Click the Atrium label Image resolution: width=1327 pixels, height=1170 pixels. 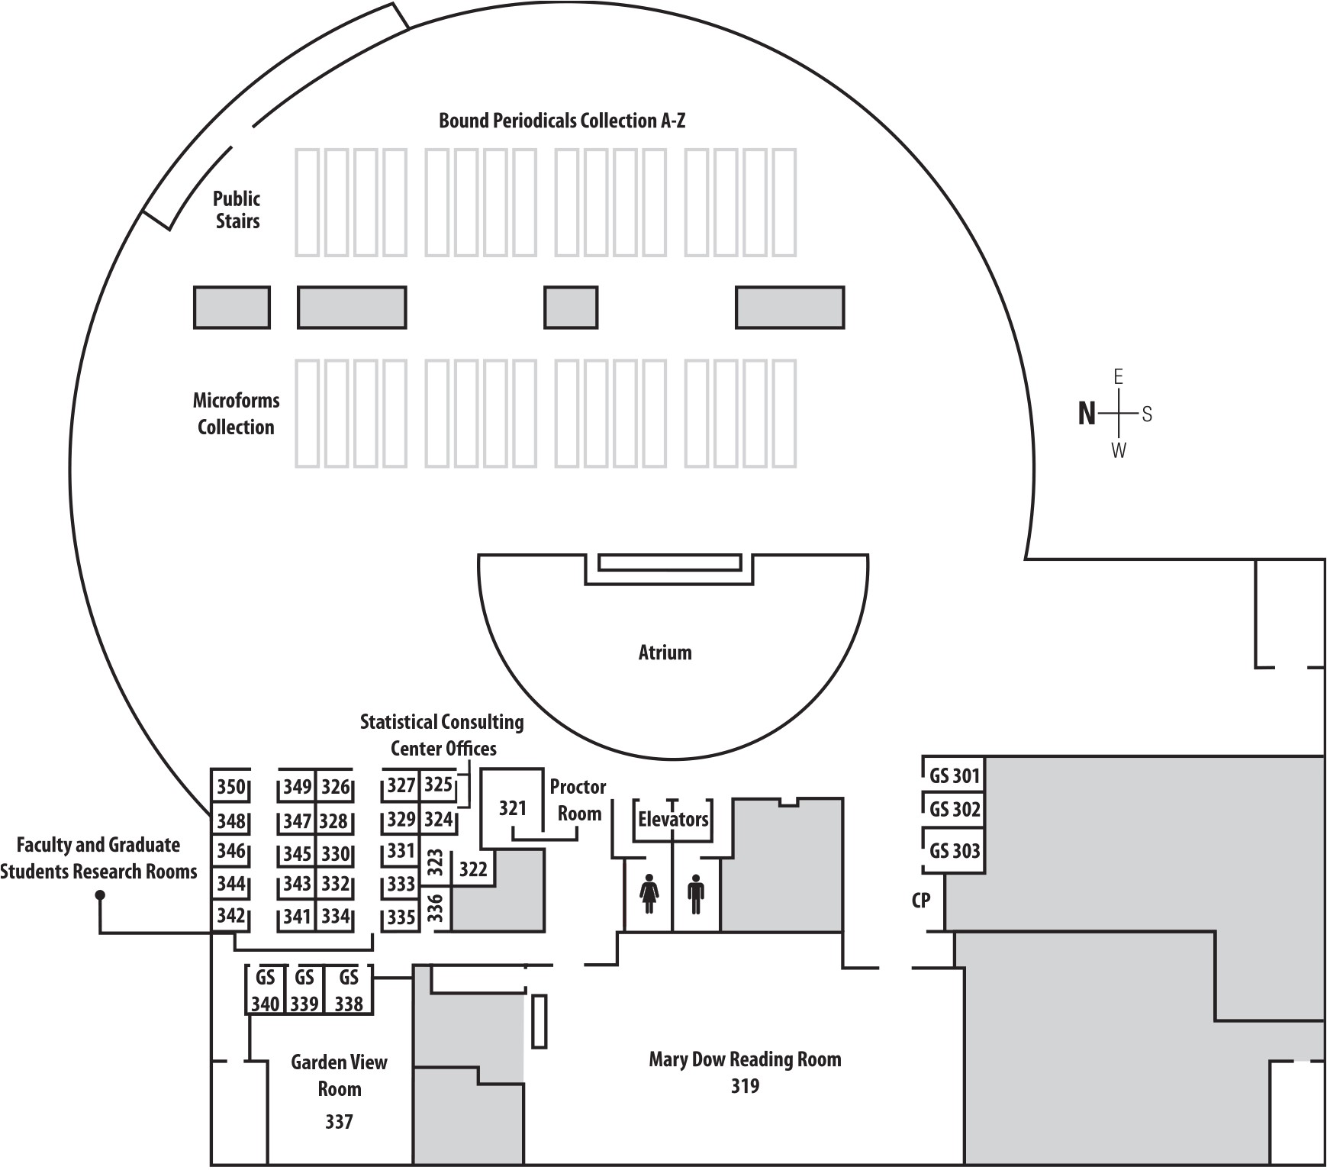point(665,653)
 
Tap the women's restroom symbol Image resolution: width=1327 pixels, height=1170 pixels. point(649,894)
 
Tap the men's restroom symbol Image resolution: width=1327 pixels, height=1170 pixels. point(695,894)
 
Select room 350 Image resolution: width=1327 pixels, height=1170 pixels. point(230,787)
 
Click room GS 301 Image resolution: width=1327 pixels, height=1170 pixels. point(954,776)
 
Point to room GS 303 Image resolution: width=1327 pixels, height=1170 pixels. point(954,851)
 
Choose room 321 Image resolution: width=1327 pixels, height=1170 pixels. point(513,808)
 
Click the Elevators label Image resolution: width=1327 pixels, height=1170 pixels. point(673,820)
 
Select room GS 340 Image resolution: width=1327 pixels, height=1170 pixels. point(265,991)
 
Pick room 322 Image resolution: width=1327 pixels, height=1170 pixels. point(473,869)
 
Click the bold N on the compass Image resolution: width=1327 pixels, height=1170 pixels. point(1087,414)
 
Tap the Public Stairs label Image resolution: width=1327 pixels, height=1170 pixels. point(237,210)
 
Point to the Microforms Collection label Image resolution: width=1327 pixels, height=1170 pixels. point(236,414)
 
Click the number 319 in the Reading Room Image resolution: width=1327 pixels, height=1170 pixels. point(745,1086)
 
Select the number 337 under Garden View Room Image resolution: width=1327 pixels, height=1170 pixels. point(339,1122)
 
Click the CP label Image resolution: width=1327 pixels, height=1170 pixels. point(921,901)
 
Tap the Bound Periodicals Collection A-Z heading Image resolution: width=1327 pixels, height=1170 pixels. point(562,121)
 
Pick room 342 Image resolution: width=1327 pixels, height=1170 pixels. point(230,915)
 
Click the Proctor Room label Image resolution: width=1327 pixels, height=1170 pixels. point(578,800)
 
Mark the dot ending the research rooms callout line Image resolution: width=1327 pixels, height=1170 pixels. point(100,896)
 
